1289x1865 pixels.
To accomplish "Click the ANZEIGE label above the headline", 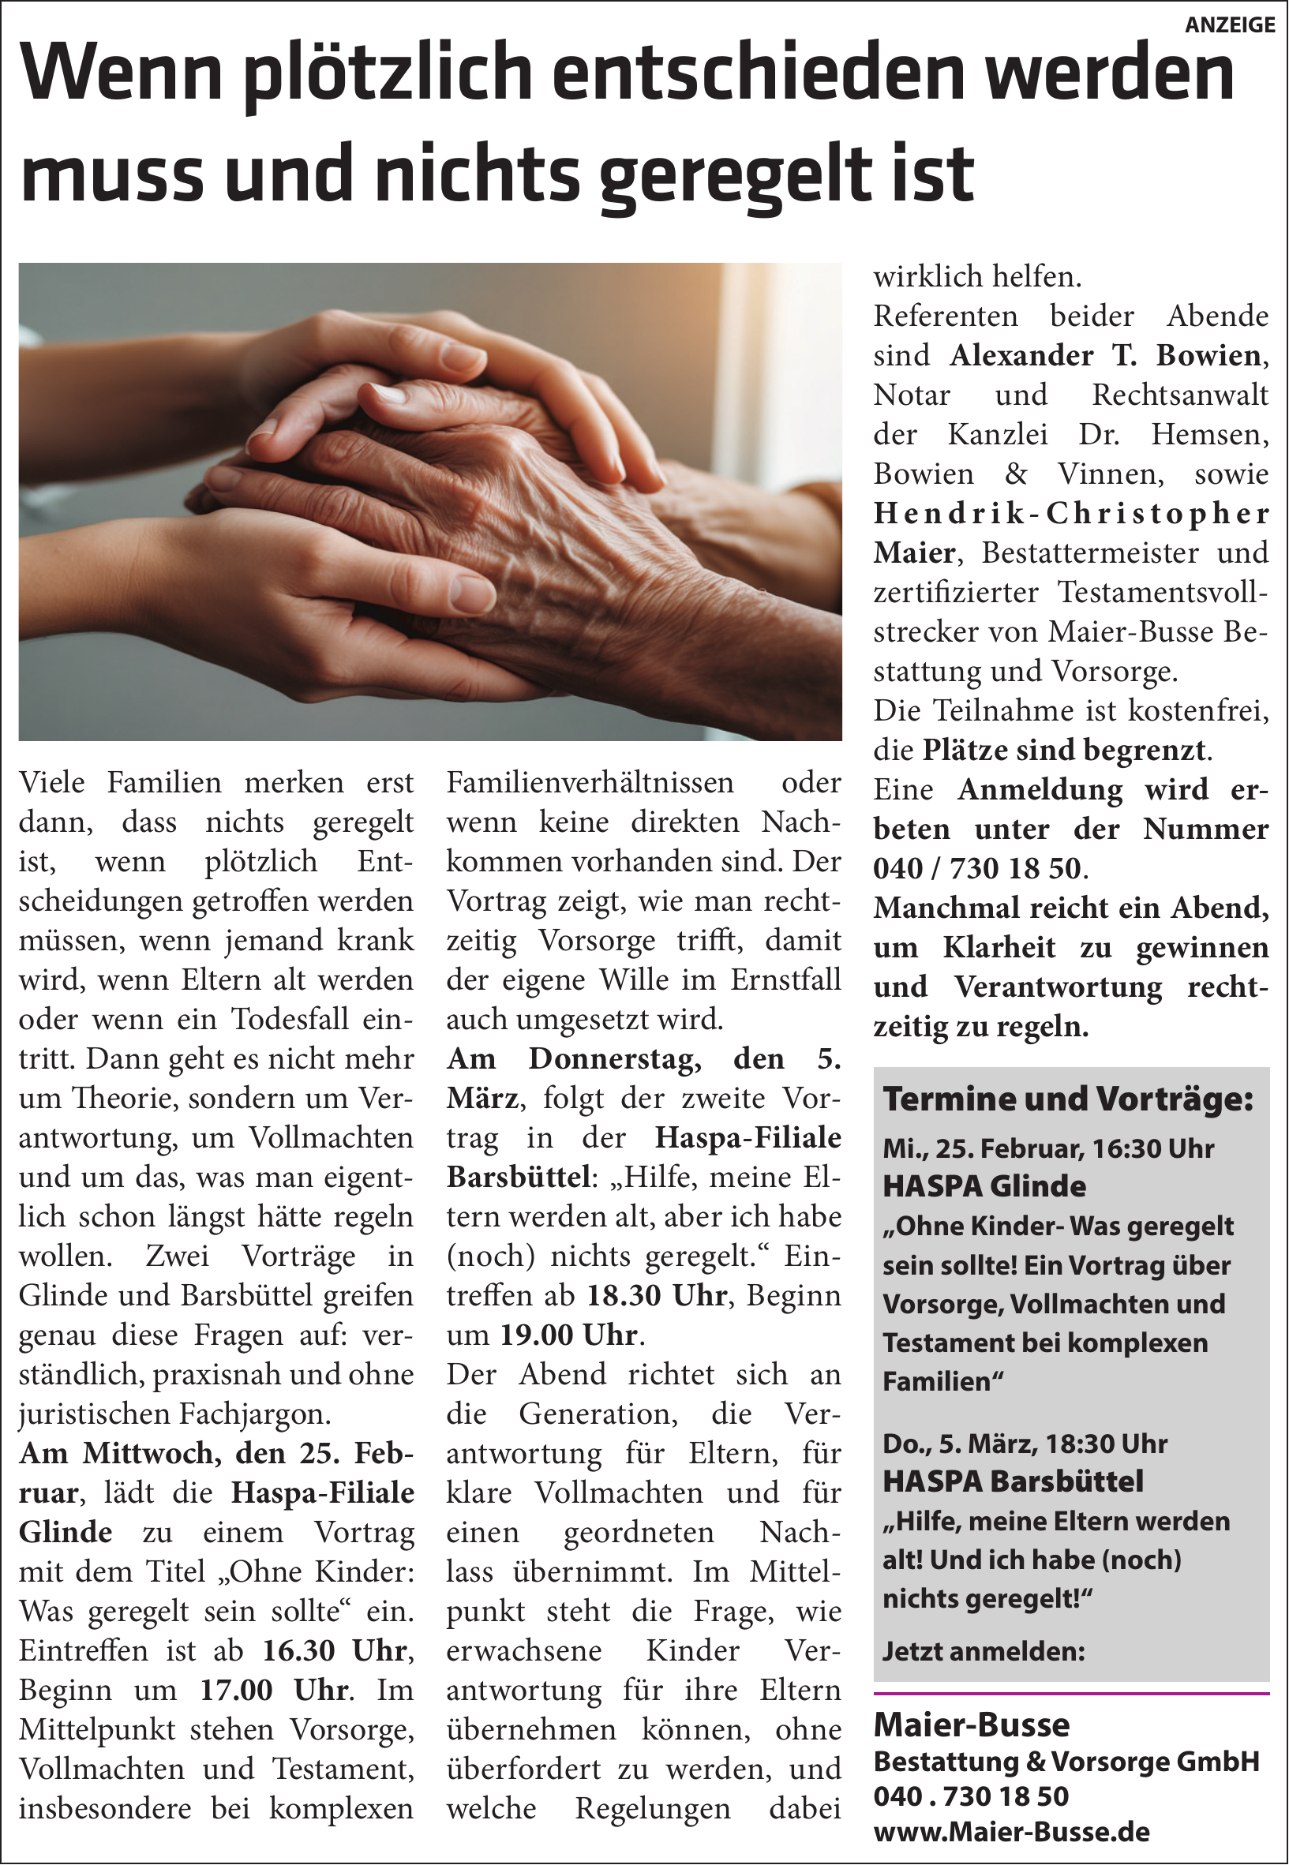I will pos(1229,25).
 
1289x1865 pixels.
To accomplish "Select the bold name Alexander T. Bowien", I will pos(1106,355).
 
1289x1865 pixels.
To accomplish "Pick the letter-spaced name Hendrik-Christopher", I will pos(1071,514).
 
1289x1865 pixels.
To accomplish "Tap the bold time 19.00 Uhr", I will pos(569,1335).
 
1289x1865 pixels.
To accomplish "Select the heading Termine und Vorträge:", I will pos(1068,1099).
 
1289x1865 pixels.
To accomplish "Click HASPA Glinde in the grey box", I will pos(984,1186).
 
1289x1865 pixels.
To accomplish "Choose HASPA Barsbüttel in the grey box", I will pos(1013,1481).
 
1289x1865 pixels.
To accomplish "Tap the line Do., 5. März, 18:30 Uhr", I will pos(1025,1443).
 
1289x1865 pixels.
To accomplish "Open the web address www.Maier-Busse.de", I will pos(1011,1832).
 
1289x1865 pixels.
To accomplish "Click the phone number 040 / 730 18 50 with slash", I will pos(976,869).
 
